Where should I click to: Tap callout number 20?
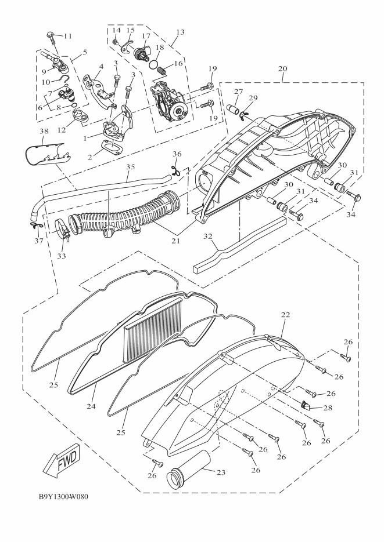[x=283, y=68]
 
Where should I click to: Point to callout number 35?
[x=130, y=166]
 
